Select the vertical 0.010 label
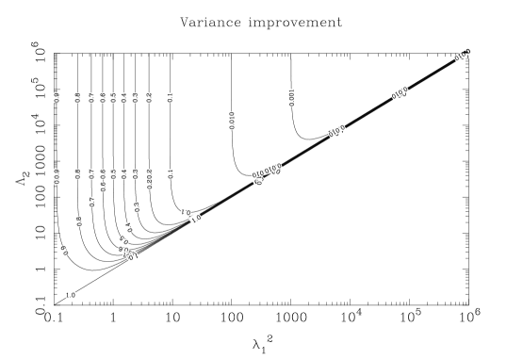coord(232,121)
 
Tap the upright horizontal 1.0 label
coord(71,295)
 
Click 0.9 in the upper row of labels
coord(57,98)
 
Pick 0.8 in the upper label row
coord(78,98)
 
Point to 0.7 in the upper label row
coord(91,98)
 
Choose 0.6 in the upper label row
coord(103,98)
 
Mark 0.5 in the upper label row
coord(114,98)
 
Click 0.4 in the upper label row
coord(124,98)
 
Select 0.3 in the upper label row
coord(136,98)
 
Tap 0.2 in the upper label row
coord(149,98)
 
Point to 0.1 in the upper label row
coord(170,98)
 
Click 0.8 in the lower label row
coord(78,174)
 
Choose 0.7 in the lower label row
coord(91,174)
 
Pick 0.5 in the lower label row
coord(114,174)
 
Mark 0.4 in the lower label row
coord(124,174)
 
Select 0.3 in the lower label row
coord(136,174)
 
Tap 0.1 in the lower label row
coord(170,174)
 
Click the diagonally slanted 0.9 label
coord(65,251)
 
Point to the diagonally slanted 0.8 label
coord(79,221)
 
